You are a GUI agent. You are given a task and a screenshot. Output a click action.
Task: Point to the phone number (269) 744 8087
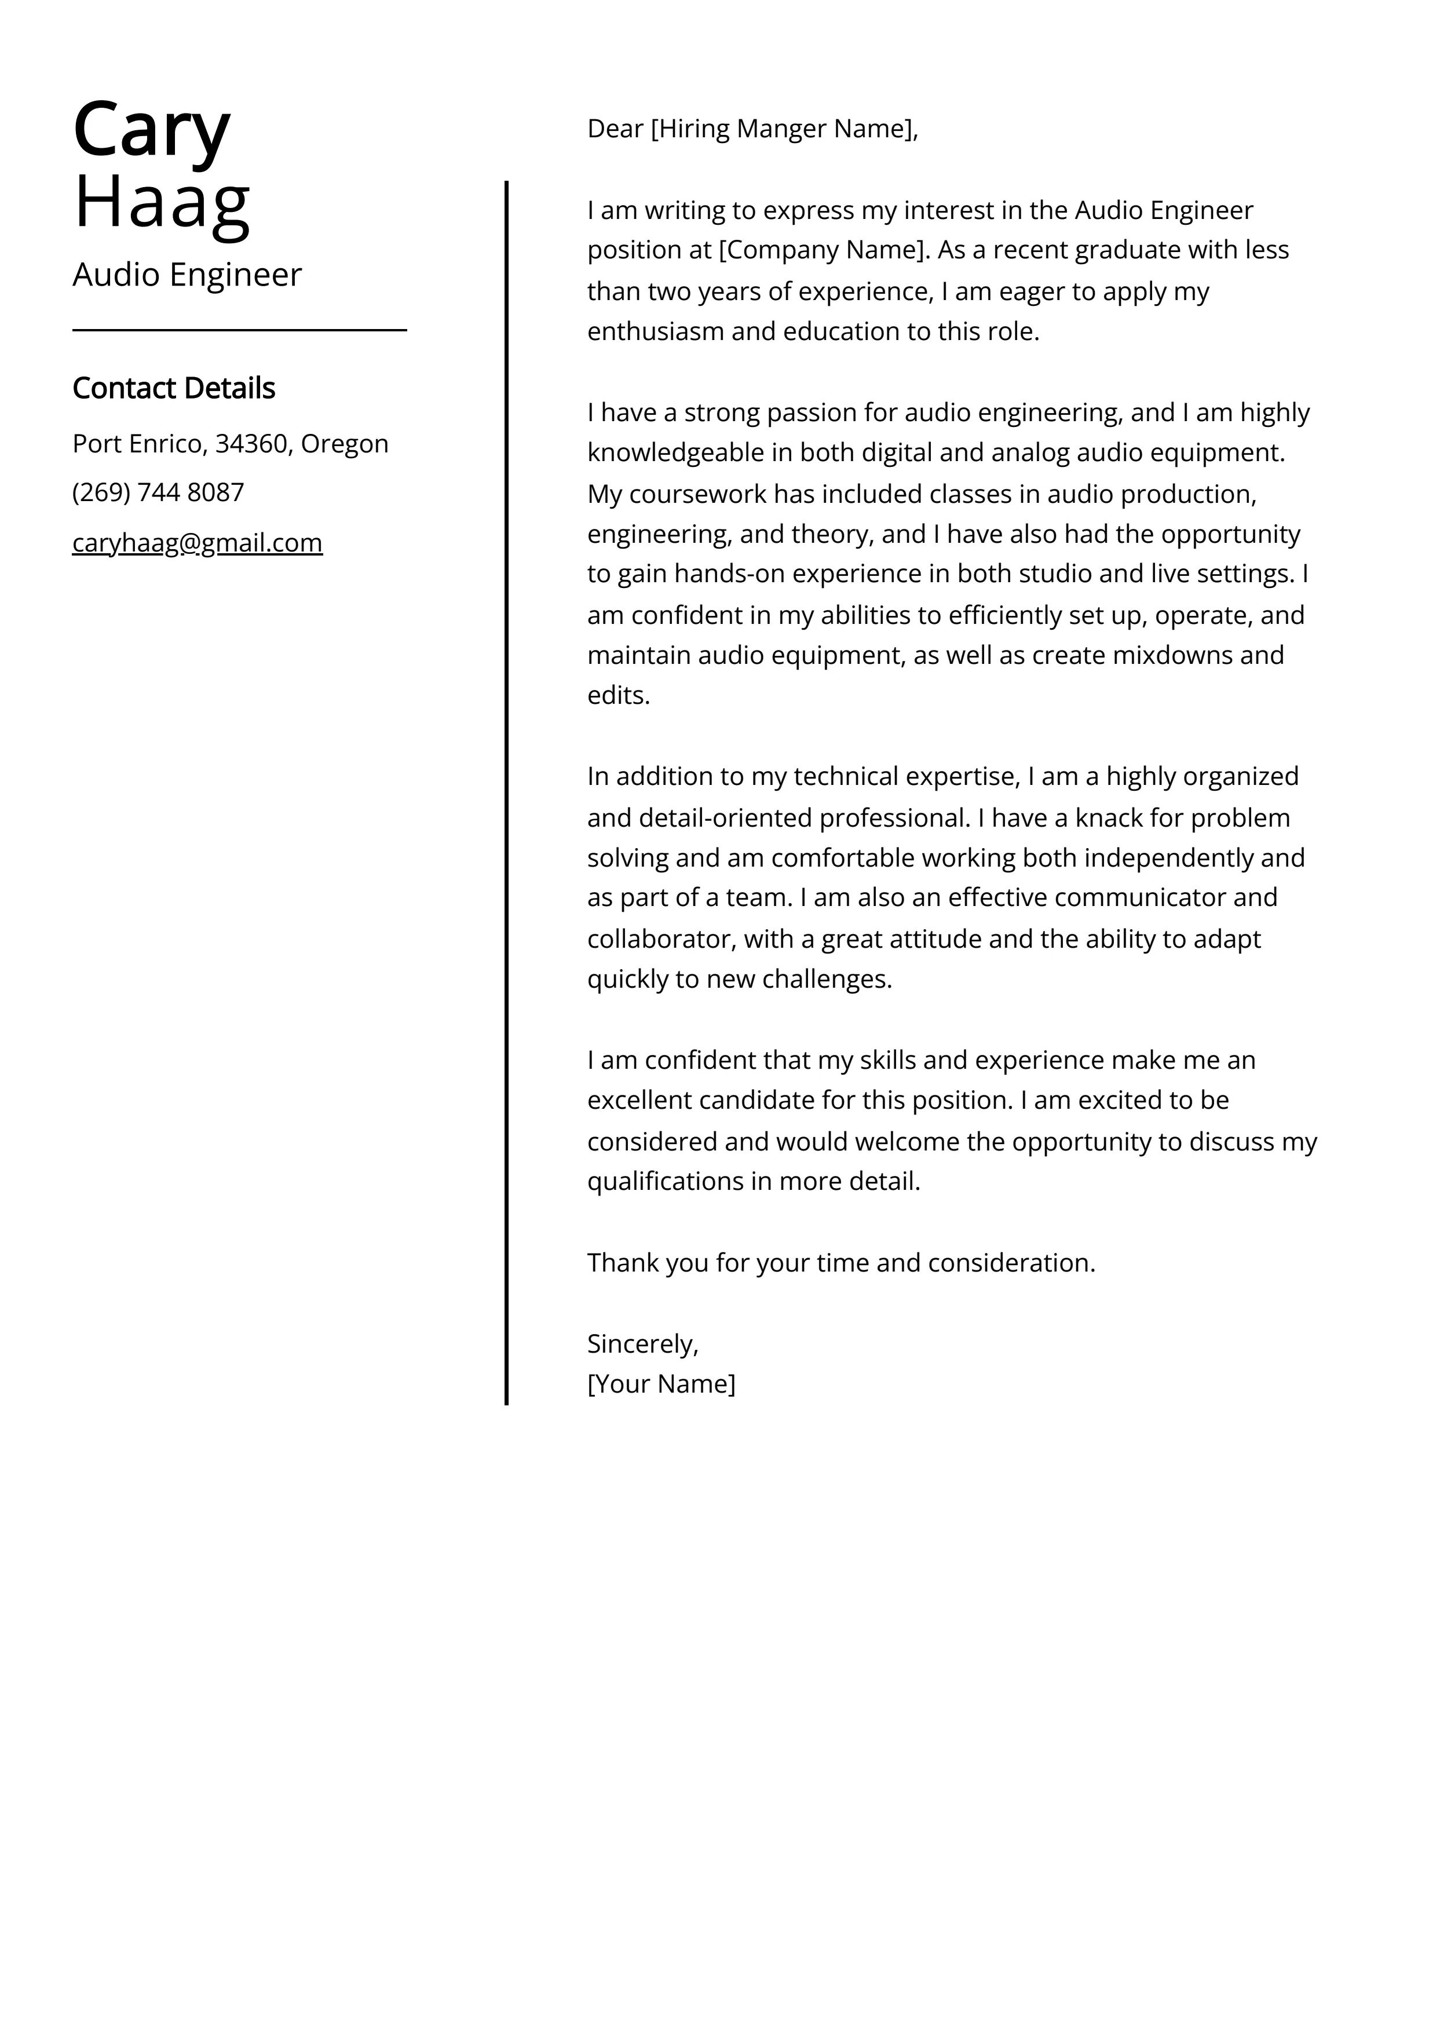click(158, 493)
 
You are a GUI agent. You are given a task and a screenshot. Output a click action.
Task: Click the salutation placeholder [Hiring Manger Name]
click(783, 129)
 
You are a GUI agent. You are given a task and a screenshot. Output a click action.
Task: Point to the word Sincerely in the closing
click(641, 1344)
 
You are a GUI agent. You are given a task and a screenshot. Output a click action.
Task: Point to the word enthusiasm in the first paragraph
click(656, 332)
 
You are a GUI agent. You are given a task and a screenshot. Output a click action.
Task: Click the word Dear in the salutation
click(615, 129)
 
